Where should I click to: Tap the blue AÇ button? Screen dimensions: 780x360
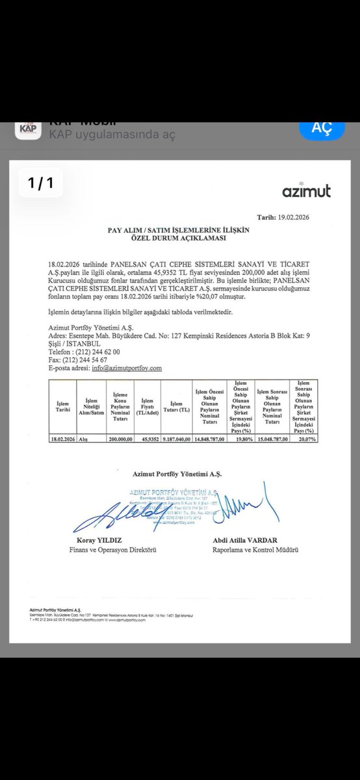coord(322,128)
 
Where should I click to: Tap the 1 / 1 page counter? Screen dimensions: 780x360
coord(41,183)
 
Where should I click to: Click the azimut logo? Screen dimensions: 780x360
coord(306,191)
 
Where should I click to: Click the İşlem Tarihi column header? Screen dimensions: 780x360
coord(62,406)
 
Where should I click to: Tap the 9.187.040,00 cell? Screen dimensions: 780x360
coord(176,439)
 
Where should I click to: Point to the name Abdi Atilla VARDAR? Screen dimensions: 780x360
coord(245,541)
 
